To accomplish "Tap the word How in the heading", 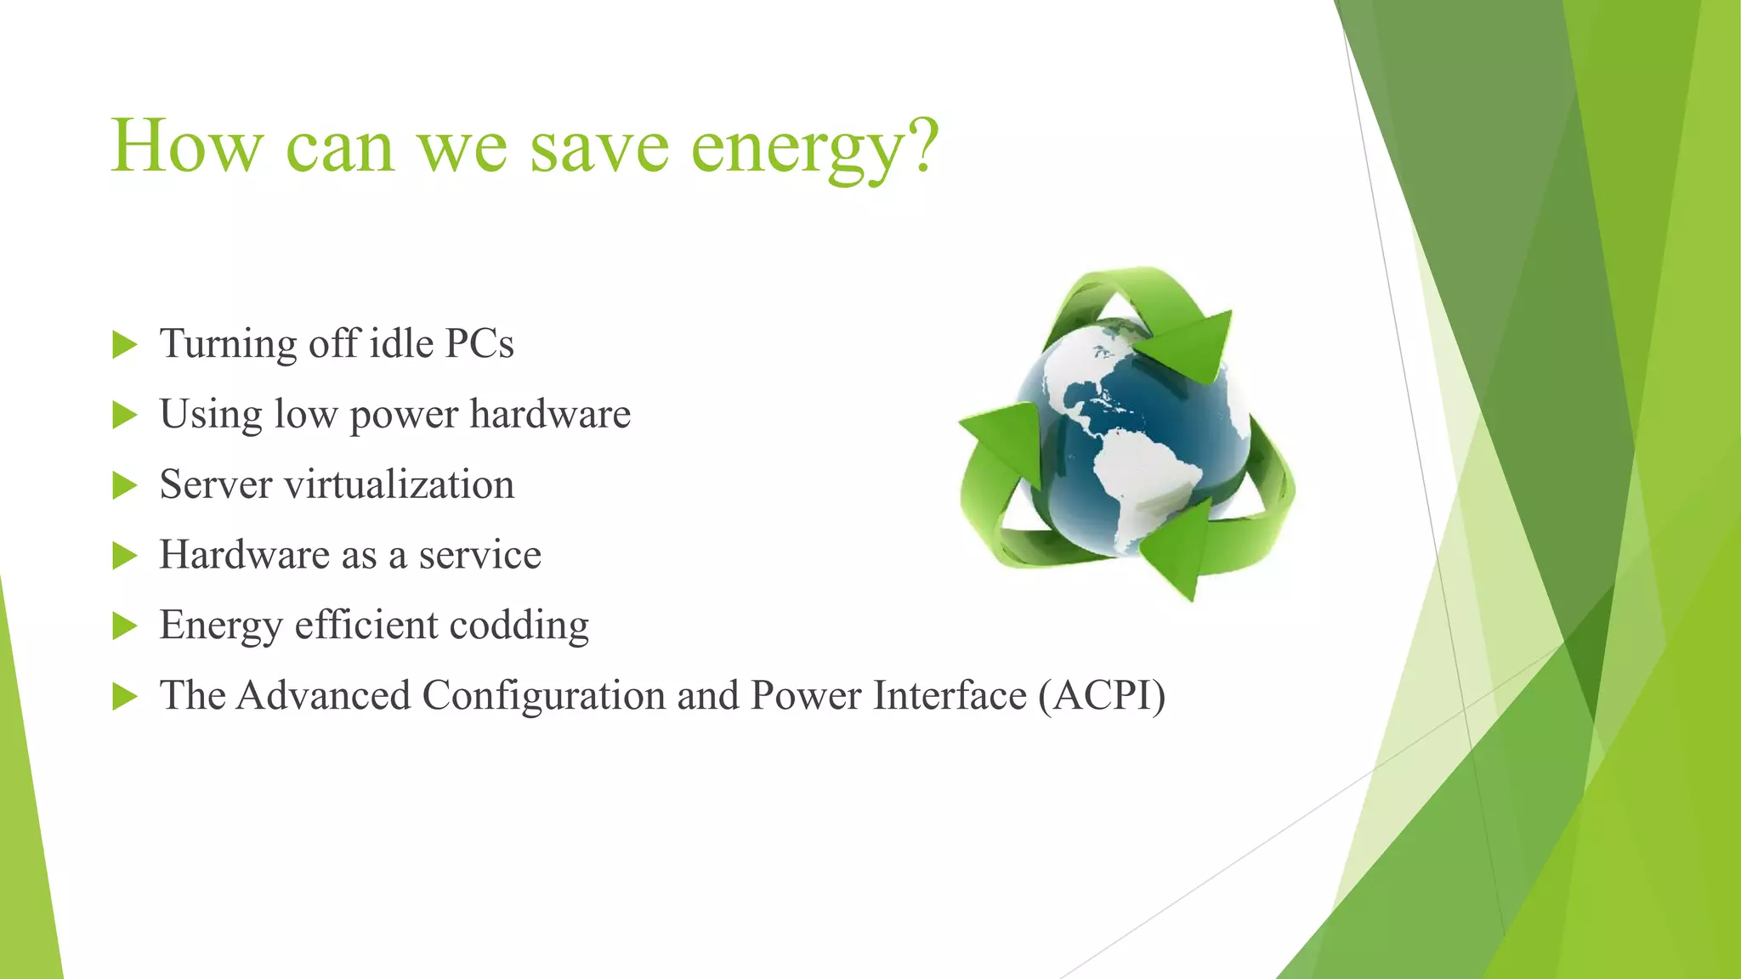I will (186, 146).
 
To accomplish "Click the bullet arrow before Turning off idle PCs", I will (124, 345).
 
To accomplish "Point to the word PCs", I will (479, 344).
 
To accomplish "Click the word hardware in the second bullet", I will (550, 415).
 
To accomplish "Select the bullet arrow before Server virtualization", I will (124, 486).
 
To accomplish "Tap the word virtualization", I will (399, 485).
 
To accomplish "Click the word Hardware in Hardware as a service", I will (244, 555).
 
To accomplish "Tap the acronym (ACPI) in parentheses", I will (1101, 696).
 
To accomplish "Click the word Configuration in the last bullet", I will (544, 696).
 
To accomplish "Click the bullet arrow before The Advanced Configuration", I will (124, 697).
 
